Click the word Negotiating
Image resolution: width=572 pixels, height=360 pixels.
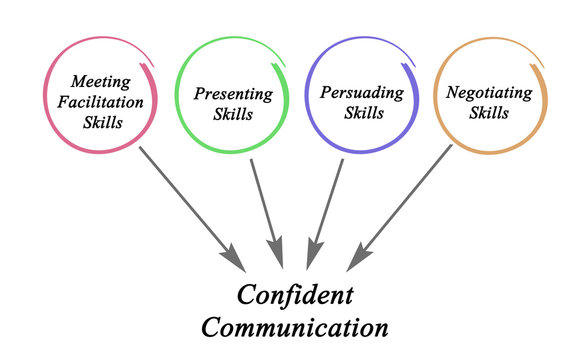490,92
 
